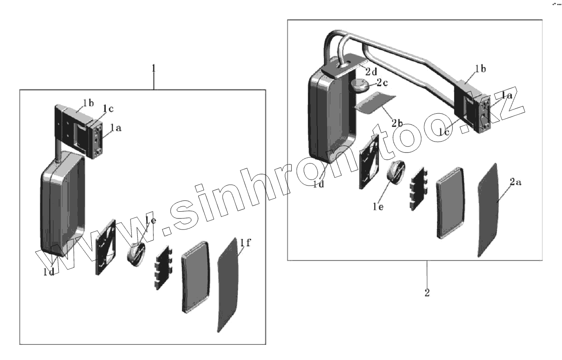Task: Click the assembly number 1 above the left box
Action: pos(153,68)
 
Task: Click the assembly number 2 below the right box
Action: pos(427,292)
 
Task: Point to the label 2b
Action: pos(396,123)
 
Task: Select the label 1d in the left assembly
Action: pos(49,273)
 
